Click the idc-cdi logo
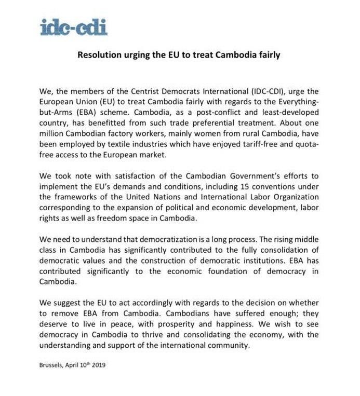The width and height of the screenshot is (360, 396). point(73,26)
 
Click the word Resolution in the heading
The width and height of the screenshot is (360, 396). point(100,54)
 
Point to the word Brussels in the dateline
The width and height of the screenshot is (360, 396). point(53,365)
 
